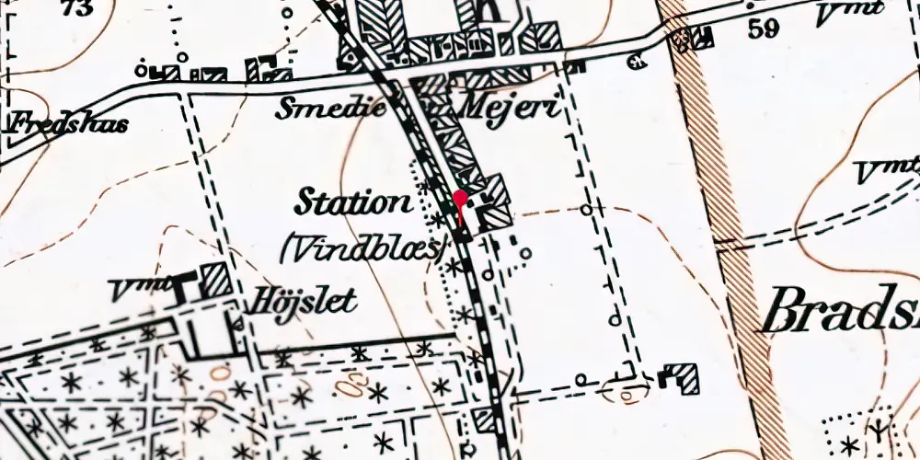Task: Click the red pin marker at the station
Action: [460, 198]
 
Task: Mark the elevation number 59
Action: [764, 29]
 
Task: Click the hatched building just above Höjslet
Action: [216, 278]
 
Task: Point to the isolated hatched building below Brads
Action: [684, 377]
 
